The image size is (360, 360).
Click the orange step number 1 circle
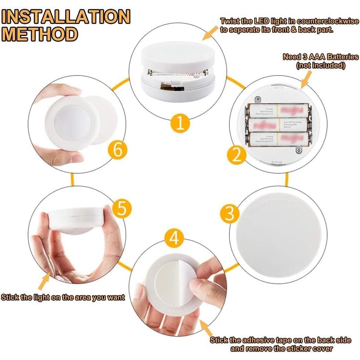coord(180,123)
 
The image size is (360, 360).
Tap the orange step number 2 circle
coord(237,155)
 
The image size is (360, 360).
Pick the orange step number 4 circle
coord(174,238)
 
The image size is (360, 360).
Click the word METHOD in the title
coord(41,34)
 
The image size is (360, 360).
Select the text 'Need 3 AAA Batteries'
coord(320,57)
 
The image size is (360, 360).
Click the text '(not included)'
coord(320,66)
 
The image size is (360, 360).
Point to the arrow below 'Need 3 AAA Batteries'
coord(306,79)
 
